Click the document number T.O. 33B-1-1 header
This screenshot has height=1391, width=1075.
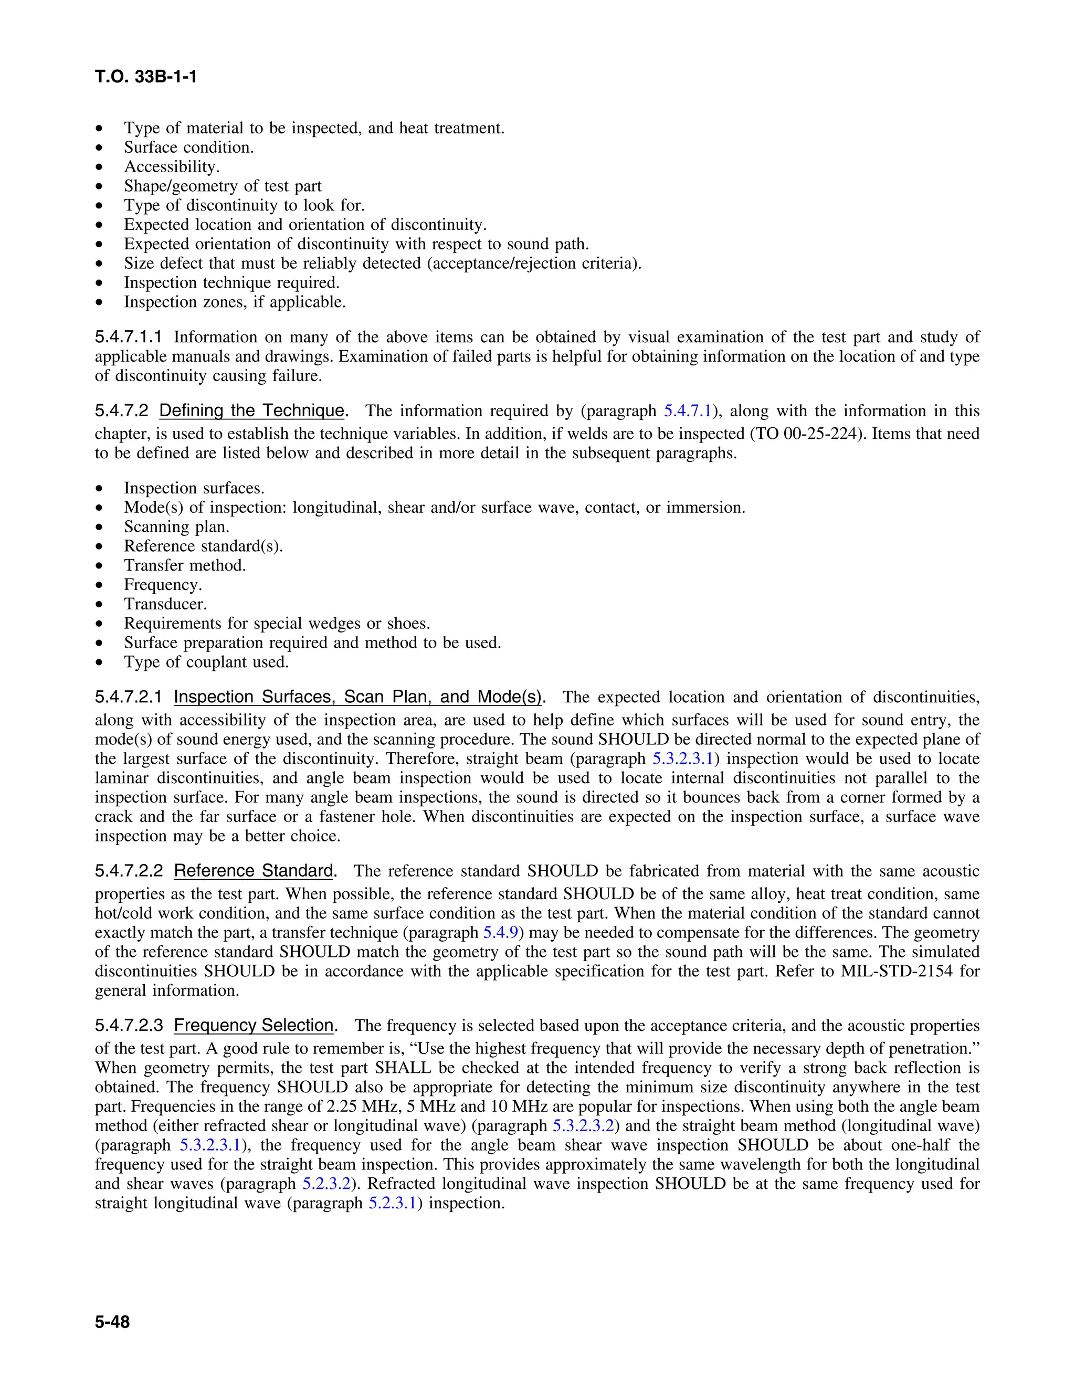[146, 77]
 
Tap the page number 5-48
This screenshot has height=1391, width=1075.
[112, 1322]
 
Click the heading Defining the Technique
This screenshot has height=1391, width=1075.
[251, 411]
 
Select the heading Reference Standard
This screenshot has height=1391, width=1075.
[254, 871]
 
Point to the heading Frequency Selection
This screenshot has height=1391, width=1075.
[254, 1026]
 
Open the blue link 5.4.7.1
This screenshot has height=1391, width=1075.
[687, 411]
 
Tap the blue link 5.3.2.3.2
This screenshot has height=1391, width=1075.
[583, 1125]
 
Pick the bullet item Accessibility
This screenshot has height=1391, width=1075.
[171, 167]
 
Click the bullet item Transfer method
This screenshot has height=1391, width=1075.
[185, 565]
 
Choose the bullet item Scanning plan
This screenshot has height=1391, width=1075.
[176, 526]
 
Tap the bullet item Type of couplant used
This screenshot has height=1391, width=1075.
[206, 662]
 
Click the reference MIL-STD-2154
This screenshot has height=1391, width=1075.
[897, 971]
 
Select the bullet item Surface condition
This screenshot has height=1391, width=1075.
[188, 148]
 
